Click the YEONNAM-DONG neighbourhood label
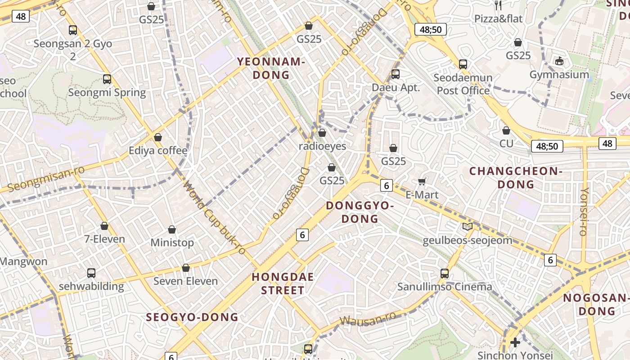click(271, 68)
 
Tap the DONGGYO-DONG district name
click(360, 212)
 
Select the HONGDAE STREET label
click(283, 283)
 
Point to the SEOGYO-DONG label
click(192, 317)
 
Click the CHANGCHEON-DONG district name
click(516, 178)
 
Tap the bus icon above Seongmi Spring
click(107, 79)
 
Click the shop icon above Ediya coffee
click(158, 137)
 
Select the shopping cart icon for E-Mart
click(422, 181)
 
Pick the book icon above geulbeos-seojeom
click(468, 227)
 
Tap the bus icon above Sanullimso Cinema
click(445, 273)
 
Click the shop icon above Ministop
click(172, 229)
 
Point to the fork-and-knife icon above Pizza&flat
click(498, 5)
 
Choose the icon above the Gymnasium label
click(559, 61)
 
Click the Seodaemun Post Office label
click(463, 84)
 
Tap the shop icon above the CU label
click(506, 130)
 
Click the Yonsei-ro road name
click(584, 211)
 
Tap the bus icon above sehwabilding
click(91, 273)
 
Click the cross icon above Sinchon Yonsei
click(515, 342)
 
